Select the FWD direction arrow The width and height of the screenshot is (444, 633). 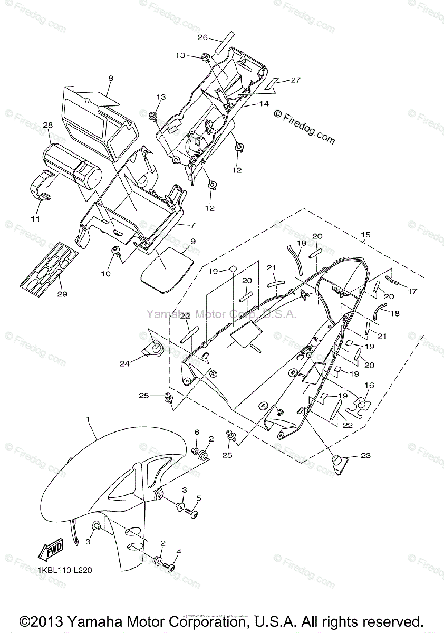(x=51, y=551)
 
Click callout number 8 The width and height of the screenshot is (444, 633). (x=110, y=79)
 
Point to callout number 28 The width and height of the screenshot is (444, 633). (x=47, y=126)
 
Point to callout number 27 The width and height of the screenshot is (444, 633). (x=295, y=80)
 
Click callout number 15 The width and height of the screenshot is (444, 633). (x=365, y=234)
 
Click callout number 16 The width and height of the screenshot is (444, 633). (x=369, y=386)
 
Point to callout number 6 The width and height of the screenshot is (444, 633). (x=197, y=433)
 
